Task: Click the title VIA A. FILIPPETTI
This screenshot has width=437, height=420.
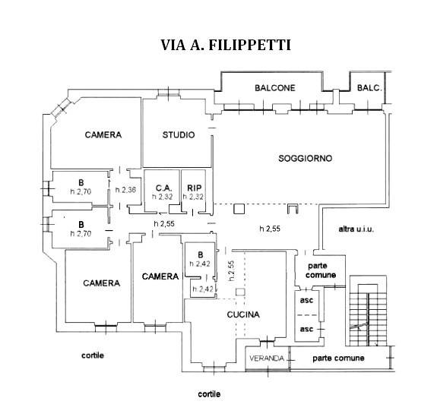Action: point(226,45)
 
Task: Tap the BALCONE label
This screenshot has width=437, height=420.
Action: point(274,88)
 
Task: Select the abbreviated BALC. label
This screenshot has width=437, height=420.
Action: point(370,88)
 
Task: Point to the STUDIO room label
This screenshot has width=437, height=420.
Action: point(178,135)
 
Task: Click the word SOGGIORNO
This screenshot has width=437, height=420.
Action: point(306,158)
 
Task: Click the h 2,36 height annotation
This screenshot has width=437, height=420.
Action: point(125,190)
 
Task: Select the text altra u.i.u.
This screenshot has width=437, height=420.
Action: point(357,229)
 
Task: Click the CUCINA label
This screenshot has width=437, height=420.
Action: point(243,314)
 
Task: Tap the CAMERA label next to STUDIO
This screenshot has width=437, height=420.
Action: point(103,135)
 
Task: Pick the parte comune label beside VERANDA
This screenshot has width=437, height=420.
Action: point(338,358)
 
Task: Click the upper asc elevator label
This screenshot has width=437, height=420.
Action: point(307,298)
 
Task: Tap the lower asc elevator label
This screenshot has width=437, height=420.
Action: point(307,329)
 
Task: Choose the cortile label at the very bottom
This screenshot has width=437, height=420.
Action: point(210,394)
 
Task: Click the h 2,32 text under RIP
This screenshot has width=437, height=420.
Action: point(195,197)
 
